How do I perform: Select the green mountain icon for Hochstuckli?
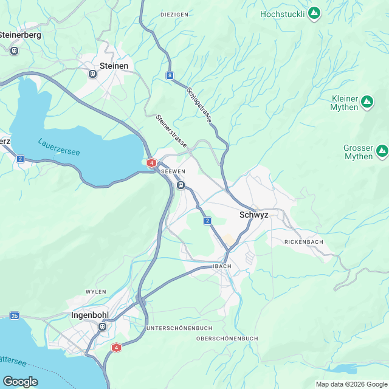tap(314, 13)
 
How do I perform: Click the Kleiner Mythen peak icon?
tap(367, 103)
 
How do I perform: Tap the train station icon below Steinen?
tap(93, 74)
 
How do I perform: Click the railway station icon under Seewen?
tap(181, 185)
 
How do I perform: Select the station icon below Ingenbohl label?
tap(102, 327)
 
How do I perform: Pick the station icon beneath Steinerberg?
tap(14, 50)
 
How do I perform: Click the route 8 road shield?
tap(169, 76)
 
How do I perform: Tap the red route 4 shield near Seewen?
tap(151, 163)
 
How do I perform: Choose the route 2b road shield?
tap(15, 316)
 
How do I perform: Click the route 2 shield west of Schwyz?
tap(207, 221)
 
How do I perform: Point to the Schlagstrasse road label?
tap(199, 105)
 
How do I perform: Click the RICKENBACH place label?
tap(304, 242)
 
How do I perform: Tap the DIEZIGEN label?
tap(174, 14)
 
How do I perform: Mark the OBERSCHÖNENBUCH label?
tap(228, 339)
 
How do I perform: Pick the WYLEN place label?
tap(96, 292)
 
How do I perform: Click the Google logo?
tap(20, 381)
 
